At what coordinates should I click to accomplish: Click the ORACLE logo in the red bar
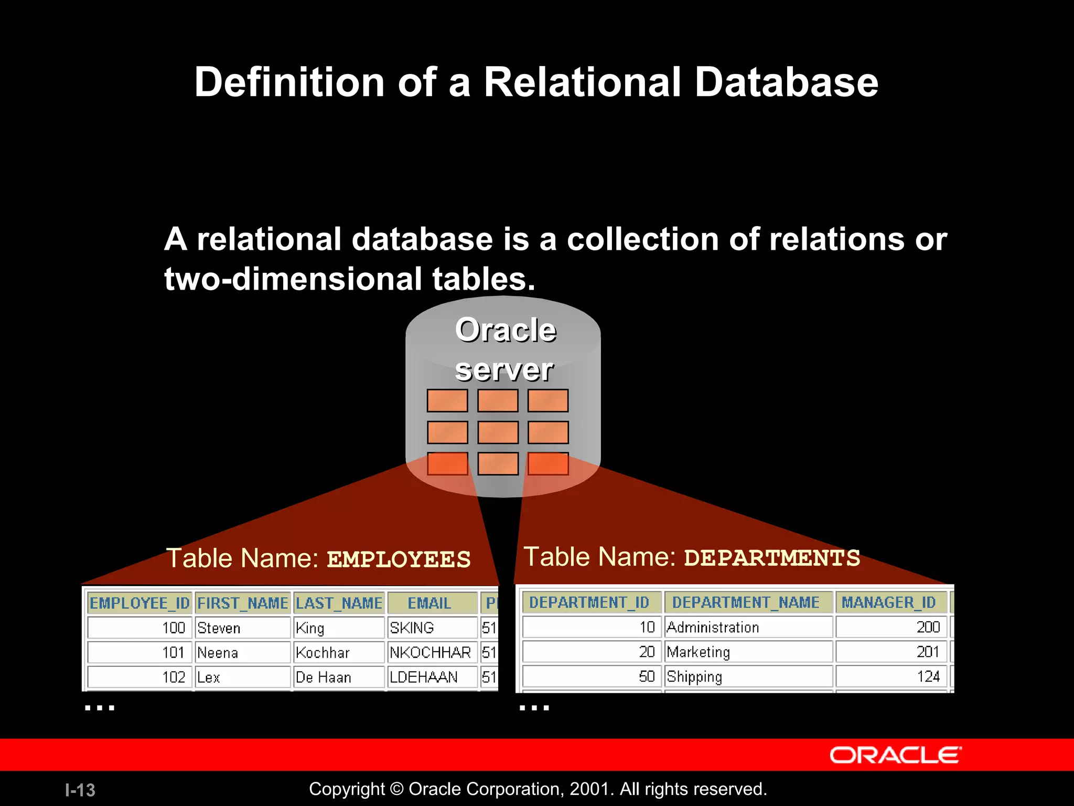click(x=895, y=755)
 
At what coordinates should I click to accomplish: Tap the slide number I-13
click(x=80, y=790)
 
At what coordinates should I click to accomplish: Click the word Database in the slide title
click(x=786, y=82)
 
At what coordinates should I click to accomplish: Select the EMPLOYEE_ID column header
click(x=139, y=603)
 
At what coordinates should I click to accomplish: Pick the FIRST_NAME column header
click(x=242, y=603)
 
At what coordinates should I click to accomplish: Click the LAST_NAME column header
click(x=339, y=603)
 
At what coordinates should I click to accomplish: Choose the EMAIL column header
click(x=429, y=603)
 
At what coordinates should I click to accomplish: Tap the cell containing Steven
click(x=242, y=628)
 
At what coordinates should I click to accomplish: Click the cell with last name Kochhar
click(x=339, y=652)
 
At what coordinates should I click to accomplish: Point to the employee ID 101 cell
click(x=139, y=652)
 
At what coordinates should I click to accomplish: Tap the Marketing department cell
click(x=748, y=652)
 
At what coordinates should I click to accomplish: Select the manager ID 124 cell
click(x=892, y=676)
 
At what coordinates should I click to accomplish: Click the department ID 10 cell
click(x=592, y=627)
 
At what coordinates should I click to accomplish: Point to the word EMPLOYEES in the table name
click(x=399, y=559)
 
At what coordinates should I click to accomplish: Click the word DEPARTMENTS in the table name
click(x=772, y=558)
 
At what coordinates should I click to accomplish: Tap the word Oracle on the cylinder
click(x=506, y=330)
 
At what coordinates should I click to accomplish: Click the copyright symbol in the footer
click(x=397, y=789)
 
